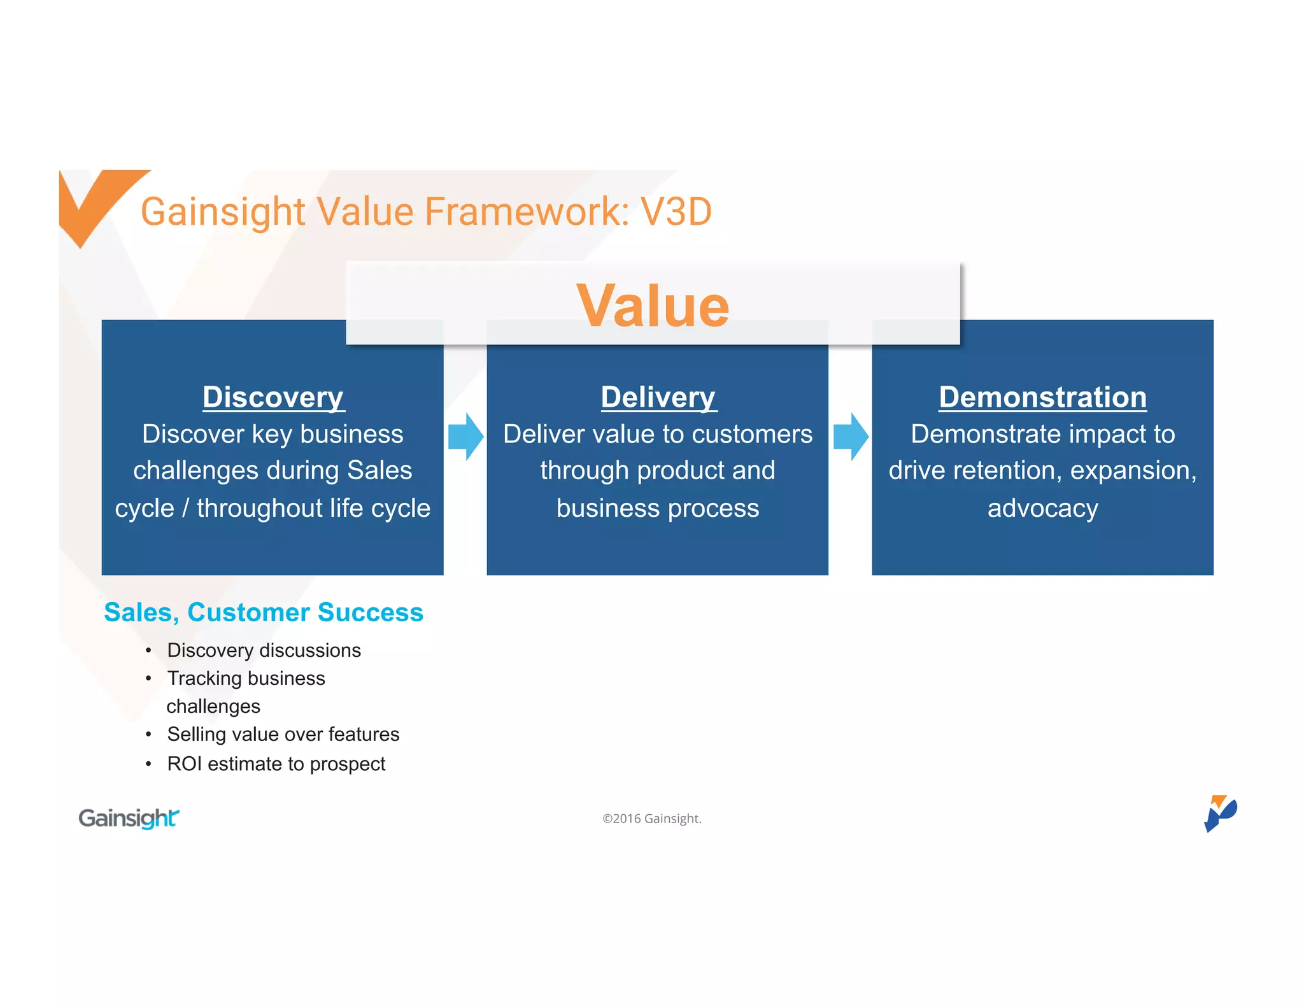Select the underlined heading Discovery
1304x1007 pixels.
pos(273,397)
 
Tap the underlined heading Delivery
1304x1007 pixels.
pos(658,397)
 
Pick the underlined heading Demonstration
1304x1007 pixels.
pos(1042,397)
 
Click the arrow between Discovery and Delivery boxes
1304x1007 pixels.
pos(466,437)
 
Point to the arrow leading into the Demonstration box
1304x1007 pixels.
pos(851,437)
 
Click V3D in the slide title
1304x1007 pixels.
pos(676,212)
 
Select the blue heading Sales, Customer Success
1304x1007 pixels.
pos(264,612)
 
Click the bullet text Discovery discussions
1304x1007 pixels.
pos(264,651)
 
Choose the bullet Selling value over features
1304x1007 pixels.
pos(283,735)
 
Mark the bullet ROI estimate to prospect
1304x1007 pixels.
pos(276,764)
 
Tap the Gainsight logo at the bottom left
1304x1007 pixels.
pos(129,818)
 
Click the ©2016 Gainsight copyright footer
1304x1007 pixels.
pos(652,819)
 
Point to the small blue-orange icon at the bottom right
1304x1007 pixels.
pos(1219,813)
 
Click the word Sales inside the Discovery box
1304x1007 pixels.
pos(379,471)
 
